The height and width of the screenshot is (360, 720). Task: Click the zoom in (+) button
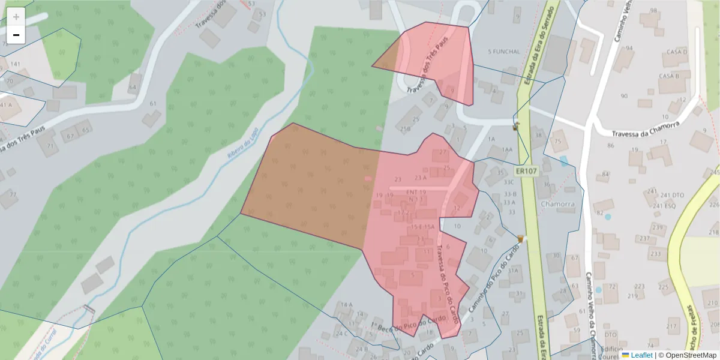click(16, 17)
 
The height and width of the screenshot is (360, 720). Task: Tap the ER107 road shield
click(526, 172)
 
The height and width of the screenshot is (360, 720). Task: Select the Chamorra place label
click(557, 204)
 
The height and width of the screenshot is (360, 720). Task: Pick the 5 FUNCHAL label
click(504, 52)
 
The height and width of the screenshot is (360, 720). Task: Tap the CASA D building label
click(677, 52)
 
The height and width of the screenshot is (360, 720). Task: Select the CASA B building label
click(668, 76)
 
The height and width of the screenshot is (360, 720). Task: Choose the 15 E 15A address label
click(422, 227)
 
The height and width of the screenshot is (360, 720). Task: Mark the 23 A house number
click(420, 178)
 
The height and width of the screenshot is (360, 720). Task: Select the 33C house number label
click(509, 182)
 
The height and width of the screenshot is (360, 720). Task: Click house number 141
click(16, 64)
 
